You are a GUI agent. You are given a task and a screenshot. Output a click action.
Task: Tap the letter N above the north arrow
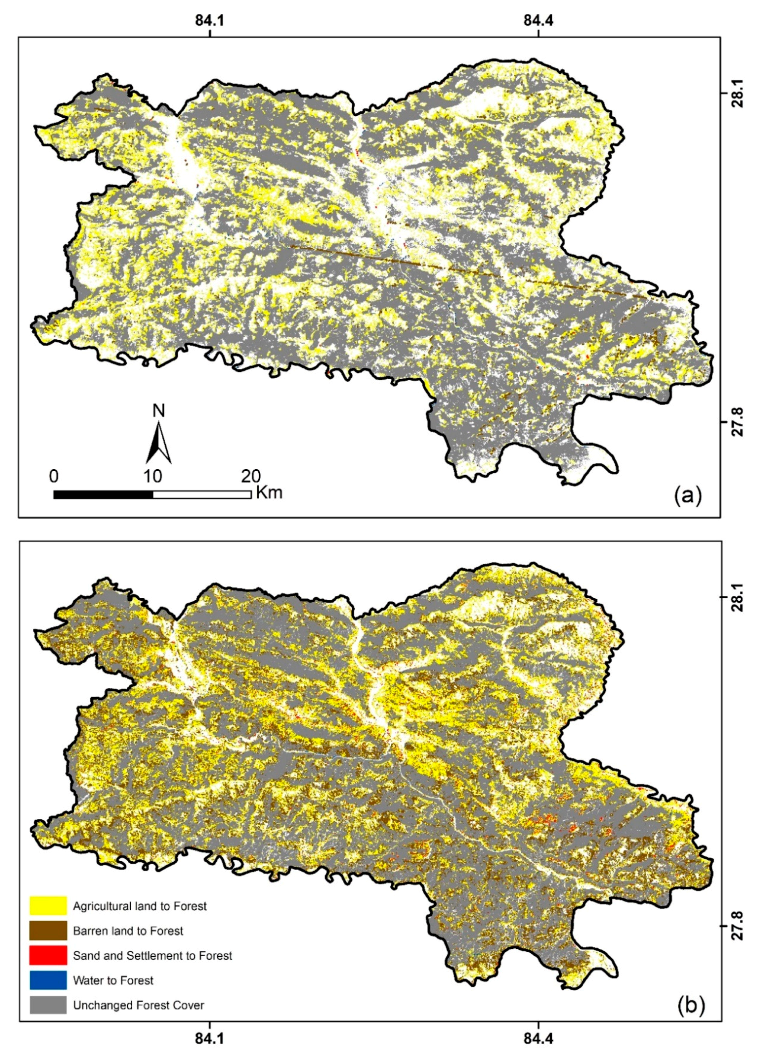(x=159, y=411)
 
